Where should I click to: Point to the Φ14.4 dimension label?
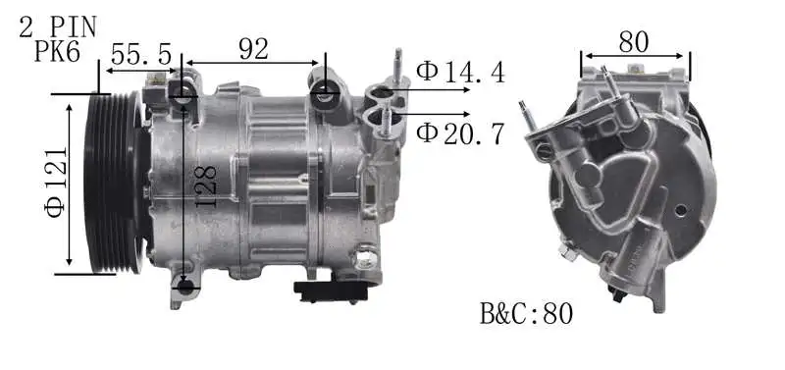point(460,71)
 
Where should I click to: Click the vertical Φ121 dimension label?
point(55,182)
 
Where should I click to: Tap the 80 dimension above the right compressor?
point(635,40)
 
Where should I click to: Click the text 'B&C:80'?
point(526,313)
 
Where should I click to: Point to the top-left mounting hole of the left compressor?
point(183,92)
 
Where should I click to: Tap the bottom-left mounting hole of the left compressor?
point(185,287)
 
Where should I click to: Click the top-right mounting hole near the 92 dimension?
point(325,92)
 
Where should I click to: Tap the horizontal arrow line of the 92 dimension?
point(253,64)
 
